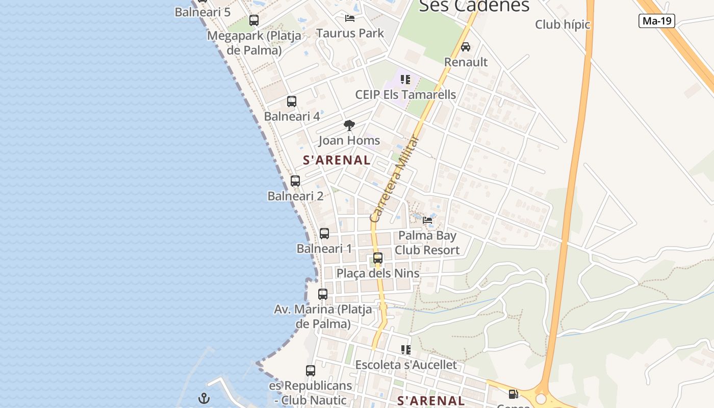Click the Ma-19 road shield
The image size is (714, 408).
point(657,21)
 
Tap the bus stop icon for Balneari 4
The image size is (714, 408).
point(291,101)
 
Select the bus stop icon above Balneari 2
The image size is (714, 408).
point(295,181)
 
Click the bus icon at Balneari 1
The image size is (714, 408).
point(324,234)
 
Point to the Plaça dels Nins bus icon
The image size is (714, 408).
point(377,258)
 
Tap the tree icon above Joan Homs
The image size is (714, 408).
point(349,125)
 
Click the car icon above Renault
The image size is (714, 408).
point(465,47)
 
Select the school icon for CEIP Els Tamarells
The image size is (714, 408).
point(405,80)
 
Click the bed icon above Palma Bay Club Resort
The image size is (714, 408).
point(427,220)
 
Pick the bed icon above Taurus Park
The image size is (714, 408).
point(350,18)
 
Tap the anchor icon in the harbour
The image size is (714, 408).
point(204,398)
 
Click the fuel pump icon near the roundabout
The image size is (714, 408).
point(513,394)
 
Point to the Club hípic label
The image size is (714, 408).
point(562,24)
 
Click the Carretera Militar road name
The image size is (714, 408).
point(394,180)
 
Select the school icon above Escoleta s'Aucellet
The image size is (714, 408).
point(405,350)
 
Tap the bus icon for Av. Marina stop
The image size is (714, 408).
point(322,294)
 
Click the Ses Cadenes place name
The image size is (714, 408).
point(474,6)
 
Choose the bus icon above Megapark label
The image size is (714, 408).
point(253,20)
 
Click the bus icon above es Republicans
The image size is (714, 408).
point(310,371)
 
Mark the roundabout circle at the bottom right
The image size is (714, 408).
point(541,399)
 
